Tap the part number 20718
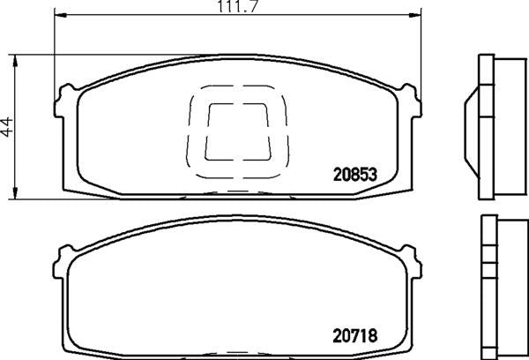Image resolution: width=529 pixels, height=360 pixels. [355, 335]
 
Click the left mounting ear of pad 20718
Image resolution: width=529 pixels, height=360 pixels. [63, 259]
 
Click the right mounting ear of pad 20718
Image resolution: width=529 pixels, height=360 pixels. [407, 259]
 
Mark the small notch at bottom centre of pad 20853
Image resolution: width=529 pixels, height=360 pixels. [235, 191]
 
